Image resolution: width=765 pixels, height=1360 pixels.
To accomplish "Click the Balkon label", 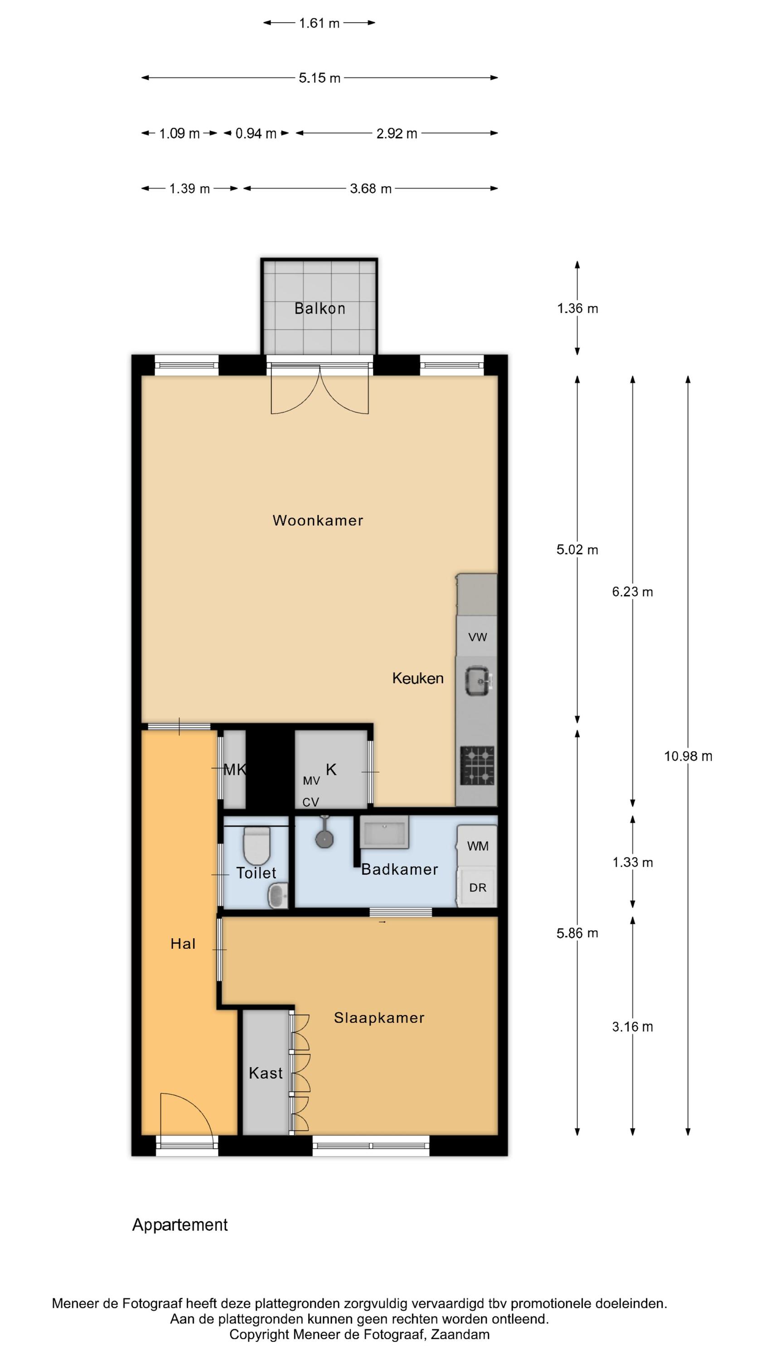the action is [320, 308].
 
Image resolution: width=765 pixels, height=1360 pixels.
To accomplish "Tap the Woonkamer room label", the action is [318, 520].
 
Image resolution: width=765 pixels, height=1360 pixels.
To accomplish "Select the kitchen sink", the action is [478, 680].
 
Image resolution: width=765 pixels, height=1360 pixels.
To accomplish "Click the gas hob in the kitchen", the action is [477, 766].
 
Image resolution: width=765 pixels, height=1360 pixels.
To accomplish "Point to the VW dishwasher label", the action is [477, 637].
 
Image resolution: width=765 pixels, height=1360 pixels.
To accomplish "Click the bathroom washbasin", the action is [384, 832].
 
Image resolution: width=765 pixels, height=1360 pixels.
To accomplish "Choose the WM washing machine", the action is [477, 846].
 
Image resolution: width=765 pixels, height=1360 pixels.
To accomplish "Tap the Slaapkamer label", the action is [379, 1018].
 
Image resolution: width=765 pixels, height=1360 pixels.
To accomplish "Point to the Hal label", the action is [183, 944].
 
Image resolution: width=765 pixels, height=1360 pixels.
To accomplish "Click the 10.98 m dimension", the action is [688, 756].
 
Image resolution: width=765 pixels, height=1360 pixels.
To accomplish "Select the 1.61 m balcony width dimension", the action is [319, 23].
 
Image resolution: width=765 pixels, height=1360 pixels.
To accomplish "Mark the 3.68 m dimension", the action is [371, 189].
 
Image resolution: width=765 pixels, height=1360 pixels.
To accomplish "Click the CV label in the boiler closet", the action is [310, 802].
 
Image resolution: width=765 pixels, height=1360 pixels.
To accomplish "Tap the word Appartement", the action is [180, 1225].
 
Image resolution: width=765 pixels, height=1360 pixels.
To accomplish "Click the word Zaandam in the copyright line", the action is [460, 1335].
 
